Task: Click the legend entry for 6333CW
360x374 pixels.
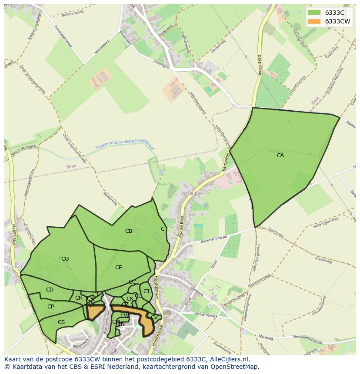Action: pyautogui.click(x=337, y=21)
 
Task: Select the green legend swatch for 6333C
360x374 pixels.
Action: pyautogui.click(x=313, y=13)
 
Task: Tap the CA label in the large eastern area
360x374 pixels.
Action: pyautogui.click(x=280, y=155)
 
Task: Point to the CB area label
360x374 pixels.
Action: pyautogui.click(x=129, y=231)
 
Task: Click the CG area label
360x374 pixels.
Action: pyautogui.click(x=65, y=259)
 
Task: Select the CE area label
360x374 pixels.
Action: pyautogui.click(x=119, y=268)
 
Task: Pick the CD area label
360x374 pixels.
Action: pyautogui.click(x=50, y=290)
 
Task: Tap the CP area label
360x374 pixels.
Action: pyautogui.click(x=50, y=307)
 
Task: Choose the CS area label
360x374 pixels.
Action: pyautogui.click(x=61, y=322)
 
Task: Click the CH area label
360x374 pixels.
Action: pyautogui.click(x=79, y=298)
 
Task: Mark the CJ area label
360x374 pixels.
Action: pyautogui.click(x=146, y=291)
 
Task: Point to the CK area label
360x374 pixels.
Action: pyautogui.click(x=130, y=299)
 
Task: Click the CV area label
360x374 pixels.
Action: pyautogui.click(x=154, y=318)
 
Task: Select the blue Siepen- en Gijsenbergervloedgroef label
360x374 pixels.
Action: pyautogui.click(x=125, y=146)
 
